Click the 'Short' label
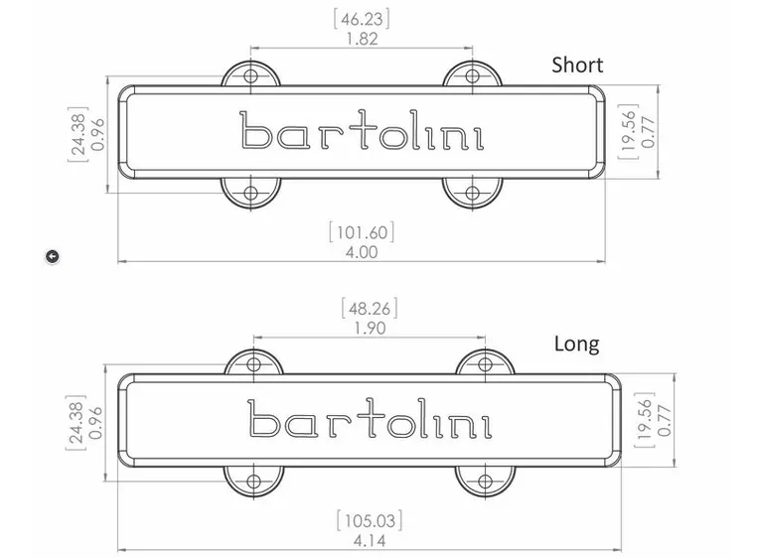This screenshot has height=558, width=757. click(577, 66)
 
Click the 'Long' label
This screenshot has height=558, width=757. click(576, 344)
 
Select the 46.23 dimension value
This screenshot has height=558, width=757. click(362, 18)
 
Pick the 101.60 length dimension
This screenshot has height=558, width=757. click(362, 232)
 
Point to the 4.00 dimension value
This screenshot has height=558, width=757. click(362, 252)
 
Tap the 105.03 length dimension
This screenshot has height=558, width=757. click(369, 520)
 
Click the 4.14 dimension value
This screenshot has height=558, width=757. click(369, 541)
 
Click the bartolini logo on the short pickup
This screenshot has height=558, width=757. click(362, 132)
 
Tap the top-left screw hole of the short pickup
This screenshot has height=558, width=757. click(250, 75)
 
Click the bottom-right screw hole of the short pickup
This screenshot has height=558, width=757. click(473, 192)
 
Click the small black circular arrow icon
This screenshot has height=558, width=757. click(53, 256)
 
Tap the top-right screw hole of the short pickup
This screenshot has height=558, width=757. click(473, 75)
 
